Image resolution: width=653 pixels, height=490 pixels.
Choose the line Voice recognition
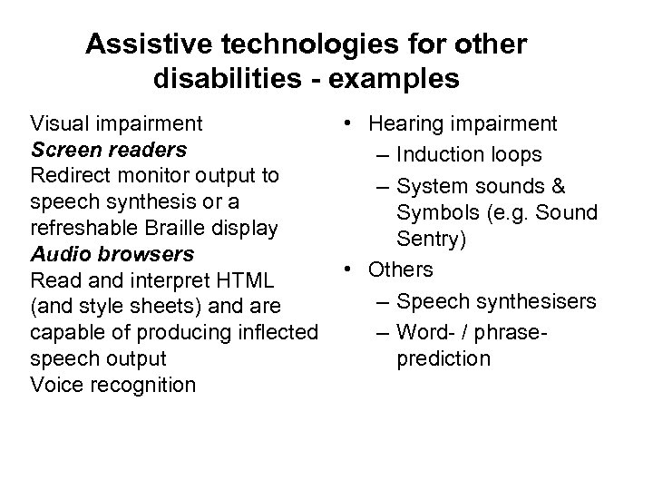pos(112,385)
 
